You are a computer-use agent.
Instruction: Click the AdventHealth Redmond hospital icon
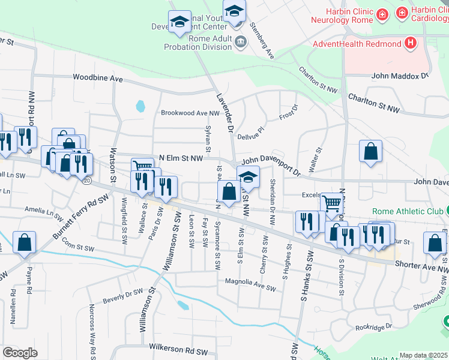pyautogui.click(x=411, y=43)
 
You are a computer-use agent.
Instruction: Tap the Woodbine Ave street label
pyautogui.click(x=98, y=78)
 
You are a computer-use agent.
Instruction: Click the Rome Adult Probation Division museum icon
pyautogui.click(x=241, y=41)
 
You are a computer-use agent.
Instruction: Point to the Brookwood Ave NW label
pyautogui.click(x=190, y=113)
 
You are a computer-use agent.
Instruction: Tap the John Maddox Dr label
pyautogui.click(x=400, y=76)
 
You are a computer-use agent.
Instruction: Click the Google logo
pyautogui.click(x=20, y=353)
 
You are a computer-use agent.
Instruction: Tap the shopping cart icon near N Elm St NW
pyautogui.click(x=142, y=167)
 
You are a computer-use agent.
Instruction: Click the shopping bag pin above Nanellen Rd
pyautogui.click(x=25, y=242)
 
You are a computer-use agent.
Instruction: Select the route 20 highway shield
pyautogui.click(x=88, y=180)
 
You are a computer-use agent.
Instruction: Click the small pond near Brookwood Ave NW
pyautogui.click(x=140, y=107)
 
